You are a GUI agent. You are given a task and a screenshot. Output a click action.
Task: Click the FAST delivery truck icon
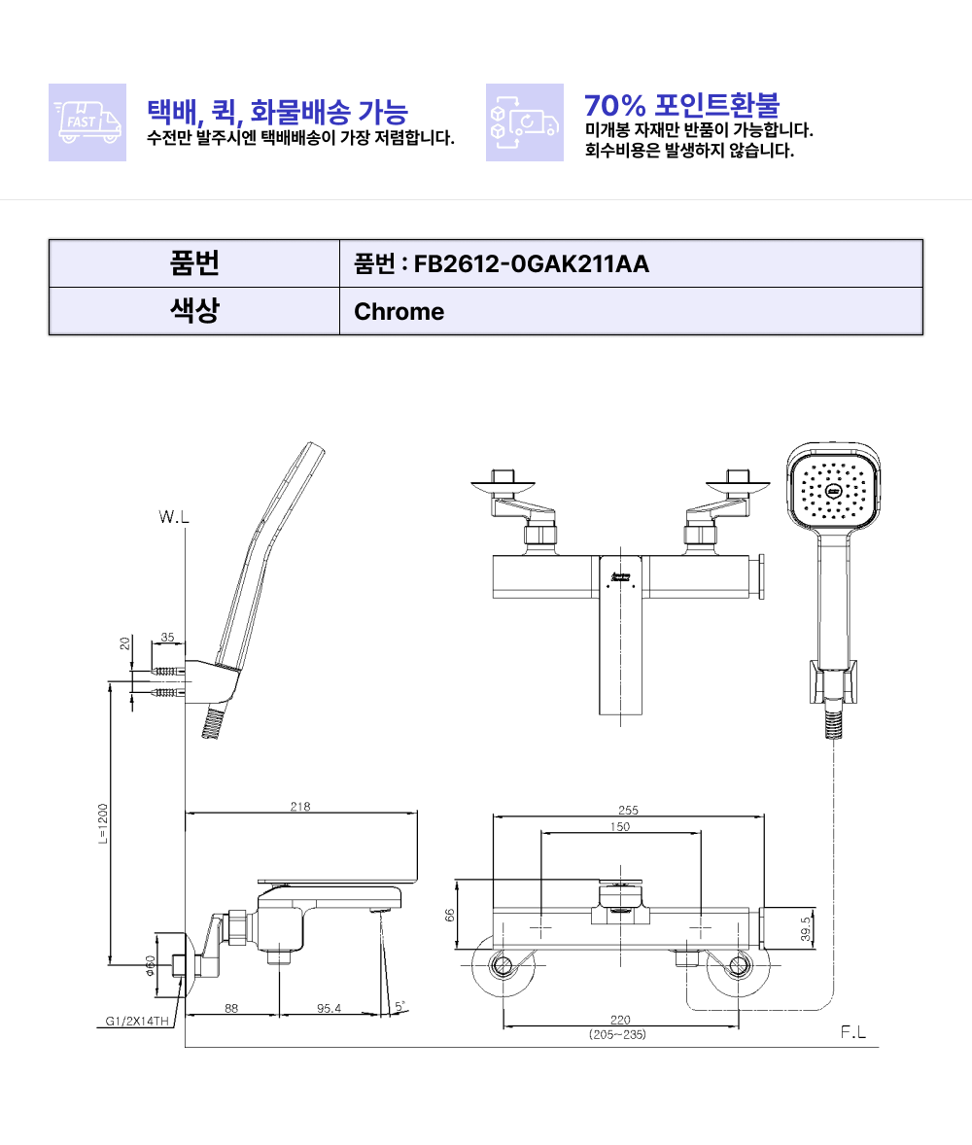87,121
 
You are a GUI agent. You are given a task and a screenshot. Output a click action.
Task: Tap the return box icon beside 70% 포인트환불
524,121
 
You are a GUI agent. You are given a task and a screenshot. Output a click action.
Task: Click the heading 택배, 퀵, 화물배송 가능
277,111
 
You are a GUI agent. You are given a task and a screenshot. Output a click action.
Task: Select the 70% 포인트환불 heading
682,105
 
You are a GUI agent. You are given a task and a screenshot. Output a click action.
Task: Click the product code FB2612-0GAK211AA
532,263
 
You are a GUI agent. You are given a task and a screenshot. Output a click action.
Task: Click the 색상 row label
194,310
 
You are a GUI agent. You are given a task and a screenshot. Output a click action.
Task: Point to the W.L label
174,517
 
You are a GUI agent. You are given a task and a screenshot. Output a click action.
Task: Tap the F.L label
853,1032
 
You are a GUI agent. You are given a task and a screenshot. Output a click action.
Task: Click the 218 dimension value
300,806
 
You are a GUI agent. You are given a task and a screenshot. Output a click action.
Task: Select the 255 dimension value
628,810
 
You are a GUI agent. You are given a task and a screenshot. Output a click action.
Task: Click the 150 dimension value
620,826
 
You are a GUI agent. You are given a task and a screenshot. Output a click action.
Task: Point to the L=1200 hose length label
103,823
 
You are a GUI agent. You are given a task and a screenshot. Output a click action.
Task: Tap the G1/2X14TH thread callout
137,1021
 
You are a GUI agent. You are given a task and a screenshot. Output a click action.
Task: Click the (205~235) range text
618,1035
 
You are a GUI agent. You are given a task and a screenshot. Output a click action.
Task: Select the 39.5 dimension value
806,929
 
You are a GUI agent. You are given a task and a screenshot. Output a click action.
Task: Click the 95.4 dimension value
329,1009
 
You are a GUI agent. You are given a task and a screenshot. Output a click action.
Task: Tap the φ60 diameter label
150,965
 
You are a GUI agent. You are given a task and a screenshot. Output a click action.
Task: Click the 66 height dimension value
450,915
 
